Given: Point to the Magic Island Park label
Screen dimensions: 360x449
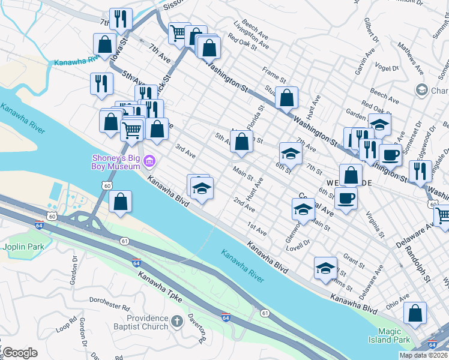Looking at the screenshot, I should pyautogui.click(x=393, y=335).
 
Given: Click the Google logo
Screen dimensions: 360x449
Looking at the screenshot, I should pyautogui.click(x=20, y=353).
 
